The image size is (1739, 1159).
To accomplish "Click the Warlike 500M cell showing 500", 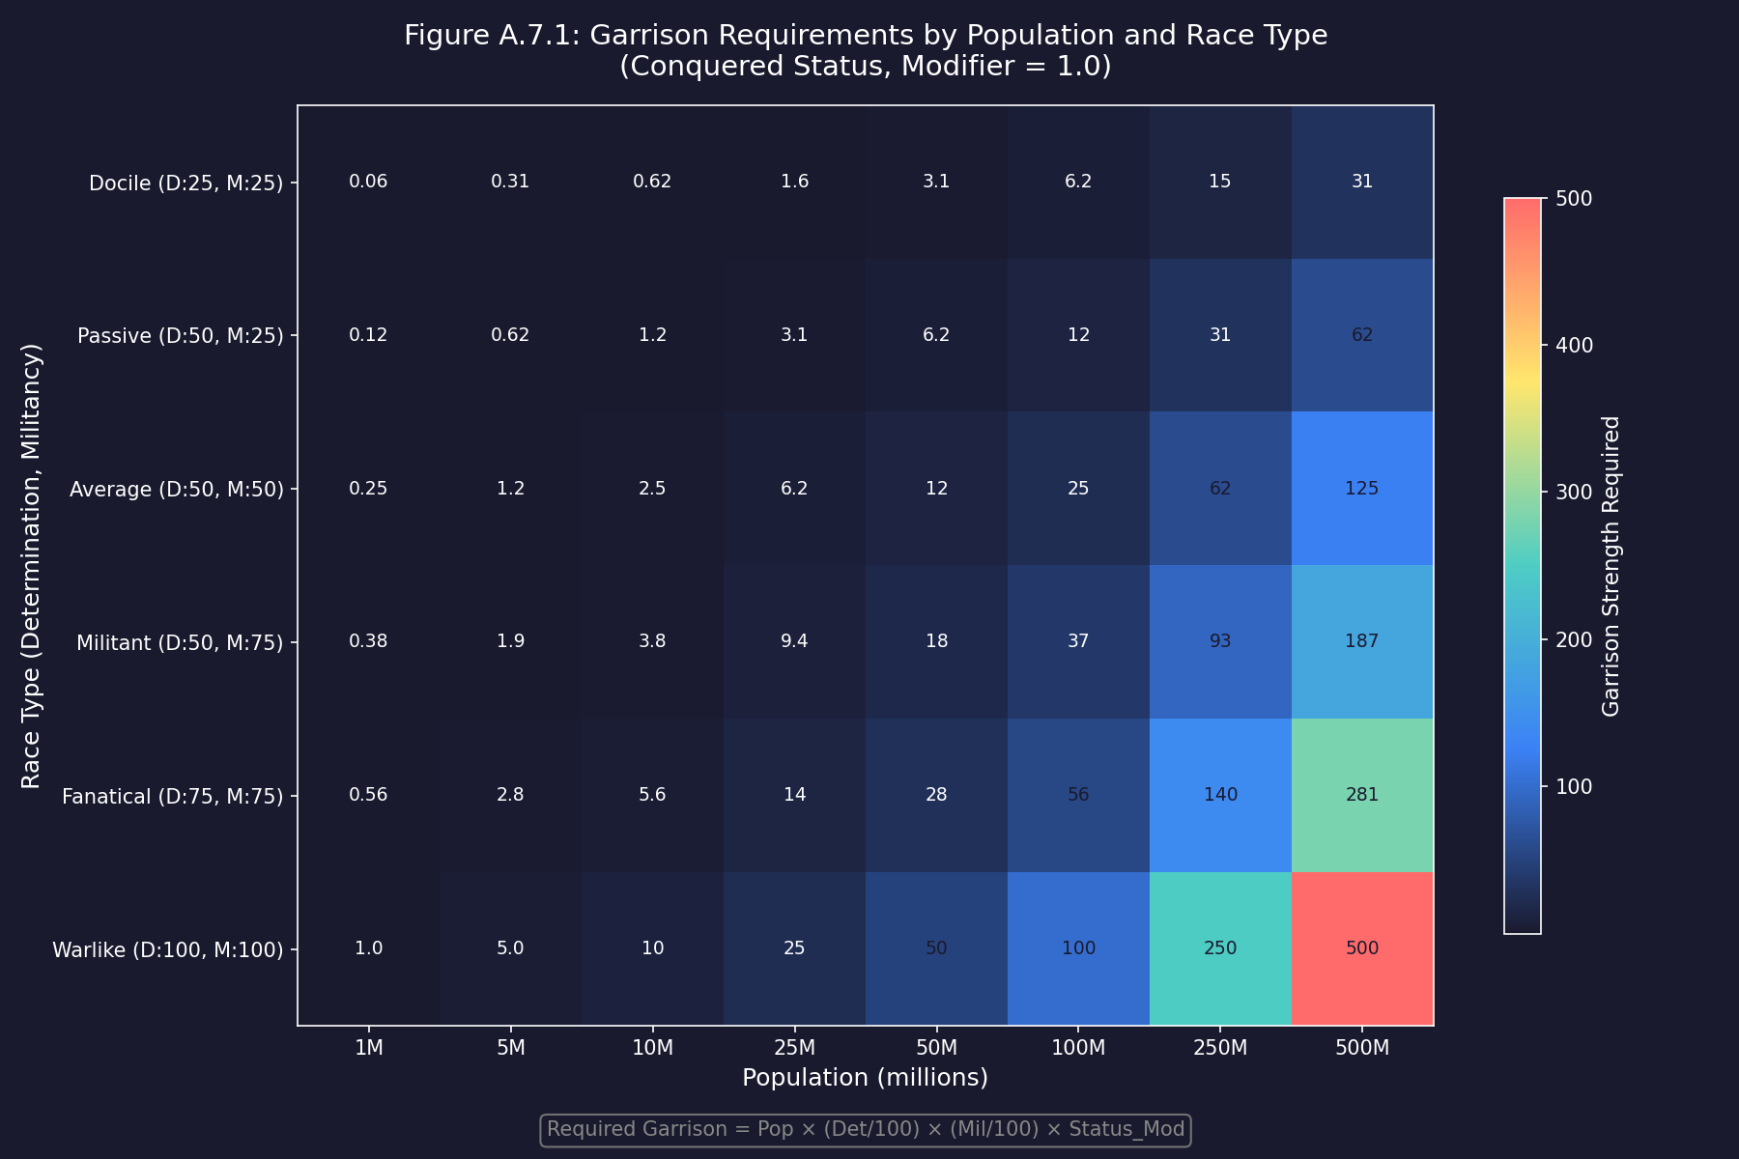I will point(1362,948).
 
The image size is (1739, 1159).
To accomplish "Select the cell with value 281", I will point(1362,795).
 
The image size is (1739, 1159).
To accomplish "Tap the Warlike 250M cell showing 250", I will point(1220,948).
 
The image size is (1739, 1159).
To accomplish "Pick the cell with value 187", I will point(1362,641).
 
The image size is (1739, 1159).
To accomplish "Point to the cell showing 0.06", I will point(368,182).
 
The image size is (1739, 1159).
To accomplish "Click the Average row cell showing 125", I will point(1362,489).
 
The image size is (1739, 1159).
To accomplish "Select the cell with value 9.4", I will point(794,641).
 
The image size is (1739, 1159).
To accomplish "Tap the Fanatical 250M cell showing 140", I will point(1220,795).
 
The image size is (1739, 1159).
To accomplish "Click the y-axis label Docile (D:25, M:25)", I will point(185,183).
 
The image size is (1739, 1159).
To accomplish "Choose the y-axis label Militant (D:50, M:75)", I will point(180,642).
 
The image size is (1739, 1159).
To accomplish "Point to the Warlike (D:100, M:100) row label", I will point(168,949).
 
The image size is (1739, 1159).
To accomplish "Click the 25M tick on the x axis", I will point(794,1048).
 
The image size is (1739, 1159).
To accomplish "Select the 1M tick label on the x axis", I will point(368,1048).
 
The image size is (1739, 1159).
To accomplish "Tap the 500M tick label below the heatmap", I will point(1362,1048).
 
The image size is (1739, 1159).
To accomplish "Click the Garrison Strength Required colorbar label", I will point(1611,566).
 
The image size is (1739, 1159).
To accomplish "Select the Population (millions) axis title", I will point(865,1077).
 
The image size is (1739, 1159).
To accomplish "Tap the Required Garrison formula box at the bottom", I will point(865,1129).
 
